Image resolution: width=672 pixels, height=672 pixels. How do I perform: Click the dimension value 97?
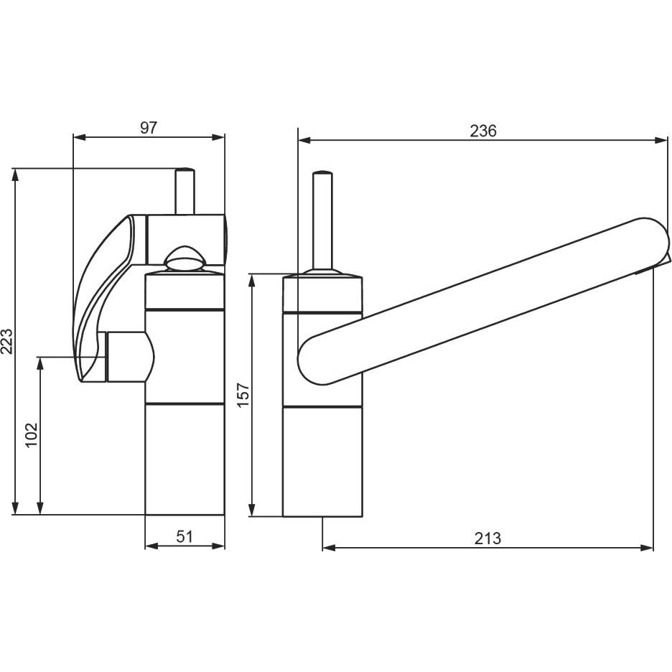pos(149,128)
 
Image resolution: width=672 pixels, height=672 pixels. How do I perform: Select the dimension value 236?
pos(483,131)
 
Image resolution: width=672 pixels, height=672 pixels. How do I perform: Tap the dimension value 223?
pos(7,342)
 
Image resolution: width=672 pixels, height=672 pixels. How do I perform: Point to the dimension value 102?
pos(32,435)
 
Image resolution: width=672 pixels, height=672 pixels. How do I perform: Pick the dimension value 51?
pos(185,536)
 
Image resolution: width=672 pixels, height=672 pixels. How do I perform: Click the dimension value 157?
pos(243,395)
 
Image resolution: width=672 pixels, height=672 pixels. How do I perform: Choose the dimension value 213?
pos(487,538)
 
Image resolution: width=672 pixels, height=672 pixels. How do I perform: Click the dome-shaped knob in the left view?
pos(185,258)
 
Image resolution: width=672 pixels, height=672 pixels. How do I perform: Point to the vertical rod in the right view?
pos(322,221)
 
